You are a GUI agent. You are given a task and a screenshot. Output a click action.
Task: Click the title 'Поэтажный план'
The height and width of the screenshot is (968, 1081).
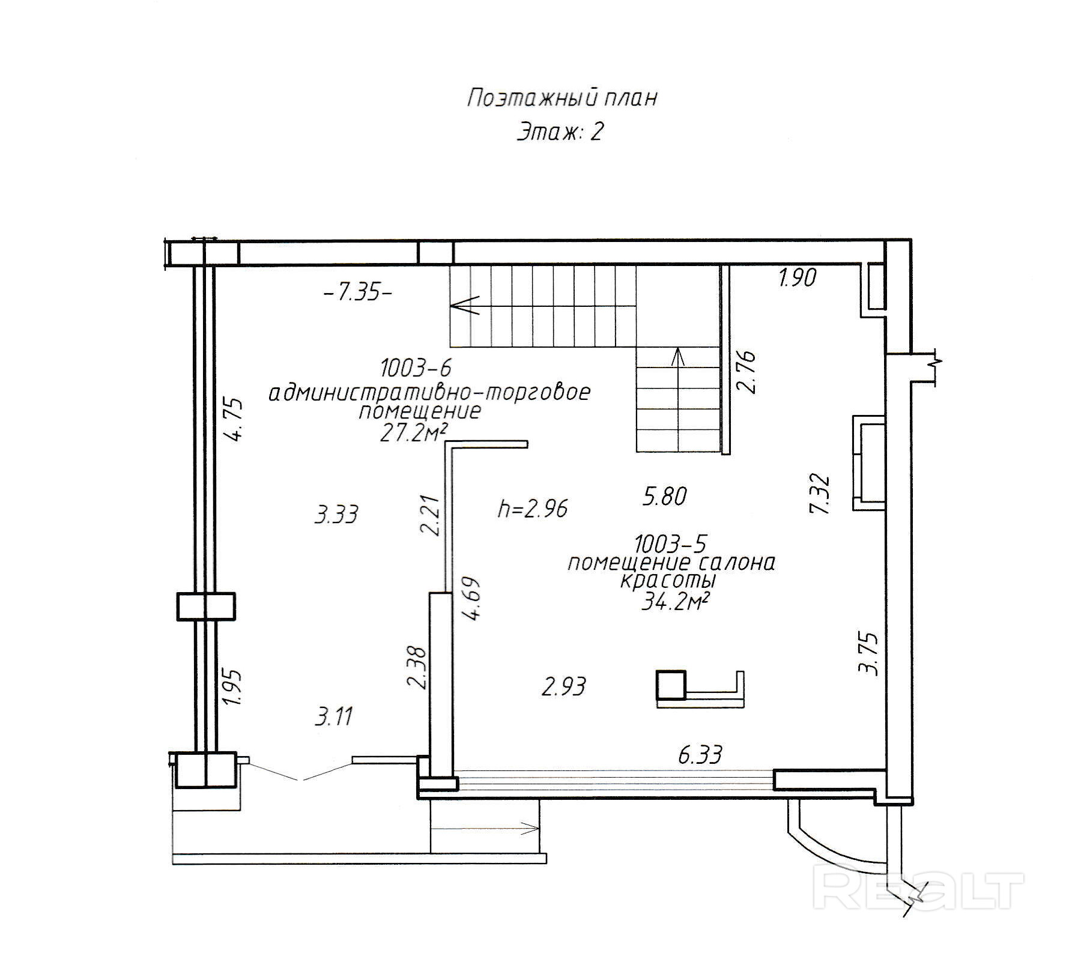click(x=562, y=98)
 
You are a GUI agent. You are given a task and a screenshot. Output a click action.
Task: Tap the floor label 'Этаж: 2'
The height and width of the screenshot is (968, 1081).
click(x=560, y=132)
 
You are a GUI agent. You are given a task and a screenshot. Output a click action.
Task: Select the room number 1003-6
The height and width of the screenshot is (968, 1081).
click(x=415, y=367)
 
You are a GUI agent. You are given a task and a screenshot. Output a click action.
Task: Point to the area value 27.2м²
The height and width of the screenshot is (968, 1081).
click(x=414, y=432)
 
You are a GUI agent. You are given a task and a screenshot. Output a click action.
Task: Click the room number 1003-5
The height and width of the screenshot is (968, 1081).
click(x=671, y=543)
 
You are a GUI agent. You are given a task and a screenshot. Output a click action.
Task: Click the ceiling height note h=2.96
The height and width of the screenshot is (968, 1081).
click(x=533, y=509)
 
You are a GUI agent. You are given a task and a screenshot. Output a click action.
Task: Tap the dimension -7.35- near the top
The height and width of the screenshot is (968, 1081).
click(x=358, y=293)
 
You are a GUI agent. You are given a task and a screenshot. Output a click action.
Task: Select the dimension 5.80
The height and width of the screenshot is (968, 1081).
click(x=665, y=497)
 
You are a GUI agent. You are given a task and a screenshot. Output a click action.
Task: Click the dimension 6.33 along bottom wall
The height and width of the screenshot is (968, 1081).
click(x=700, y=755)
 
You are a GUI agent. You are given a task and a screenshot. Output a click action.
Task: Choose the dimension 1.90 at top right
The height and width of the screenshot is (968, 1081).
click(x=797, y=277)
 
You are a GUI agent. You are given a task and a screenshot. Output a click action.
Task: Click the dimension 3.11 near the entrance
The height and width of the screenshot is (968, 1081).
click(x=334, y=716)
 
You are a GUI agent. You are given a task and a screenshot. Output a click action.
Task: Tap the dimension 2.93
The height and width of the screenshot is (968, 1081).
click(x=563, y=686)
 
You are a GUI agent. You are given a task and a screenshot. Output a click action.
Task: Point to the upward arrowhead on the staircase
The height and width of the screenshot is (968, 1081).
click(x=678, y=356)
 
